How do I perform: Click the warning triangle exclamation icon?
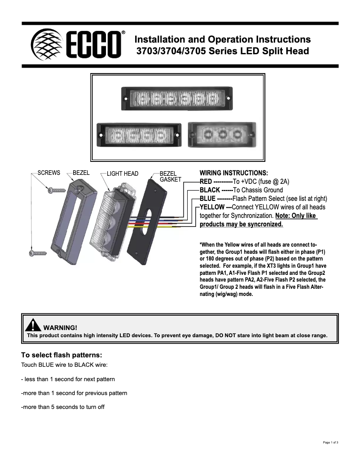pos(33,325)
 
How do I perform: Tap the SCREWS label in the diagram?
pos(49,173)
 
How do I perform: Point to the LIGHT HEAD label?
pos(122,174)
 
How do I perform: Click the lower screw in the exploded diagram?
pos(38,253)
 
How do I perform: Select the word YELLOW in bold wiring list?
pos(212,207)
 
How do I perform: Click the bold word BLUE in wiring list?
pos(207,199)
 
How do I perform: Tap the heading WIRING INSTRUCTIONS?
pos(233,173)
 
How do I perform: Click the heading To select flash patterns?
pos(58,355)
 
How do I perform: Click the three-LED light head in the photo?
pos(221,134)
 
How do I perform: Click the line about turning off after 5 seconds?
pos(63,407)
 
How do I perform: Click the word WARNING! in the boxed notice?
pos(63,328)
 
